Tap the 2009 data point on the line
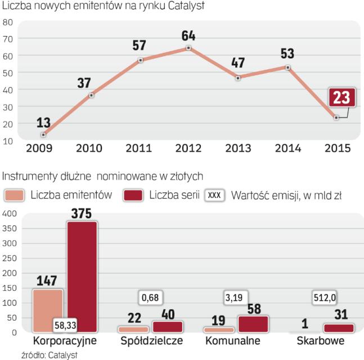point(43,134)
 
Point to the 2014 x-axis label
point(287,149)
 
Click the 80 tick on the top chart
point(8,22)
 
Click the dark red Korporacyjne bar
point(82,276)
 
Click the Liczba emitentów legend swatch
point(14,195)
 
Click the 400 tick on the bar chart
point(10,214)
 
